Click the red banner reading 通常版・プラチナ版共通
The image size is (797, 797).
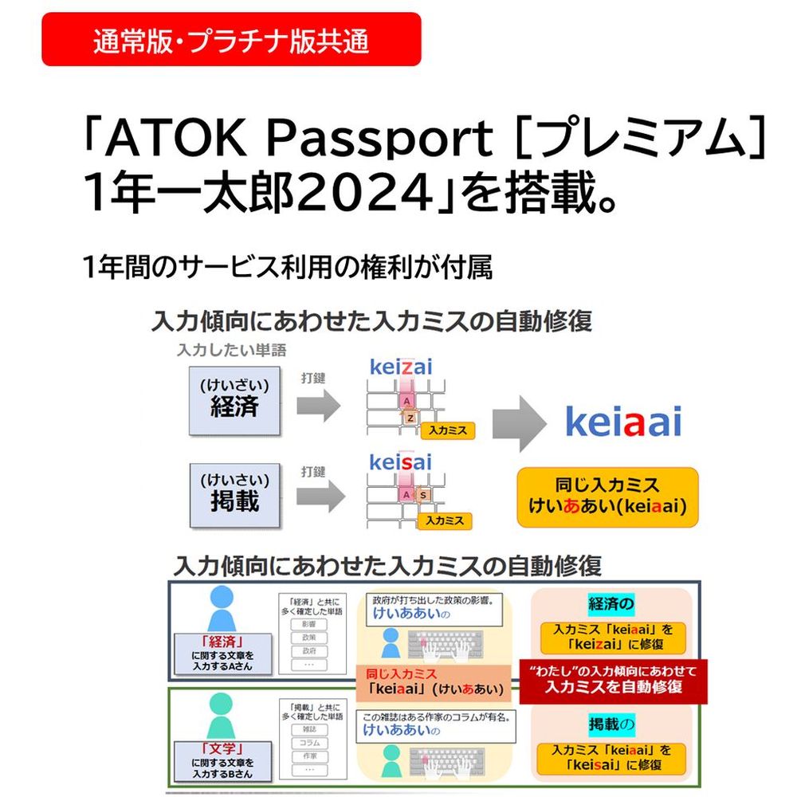point(230,39)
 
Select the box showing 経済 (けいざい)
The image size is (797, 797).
point(235,400)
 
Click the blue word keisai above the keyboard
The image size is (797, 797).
point(401,462)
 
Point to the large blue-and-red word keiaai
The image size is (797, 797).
point(623,422)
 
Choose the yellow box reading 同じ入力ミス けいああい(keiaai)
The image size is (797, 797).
point(607,497)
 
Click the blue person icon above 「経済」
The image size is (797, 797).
point(222,608)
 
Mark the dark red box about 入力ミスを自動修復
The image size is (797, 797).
point(613,680)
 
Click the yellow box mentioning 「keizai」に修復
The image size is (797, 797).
point(612,637)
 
